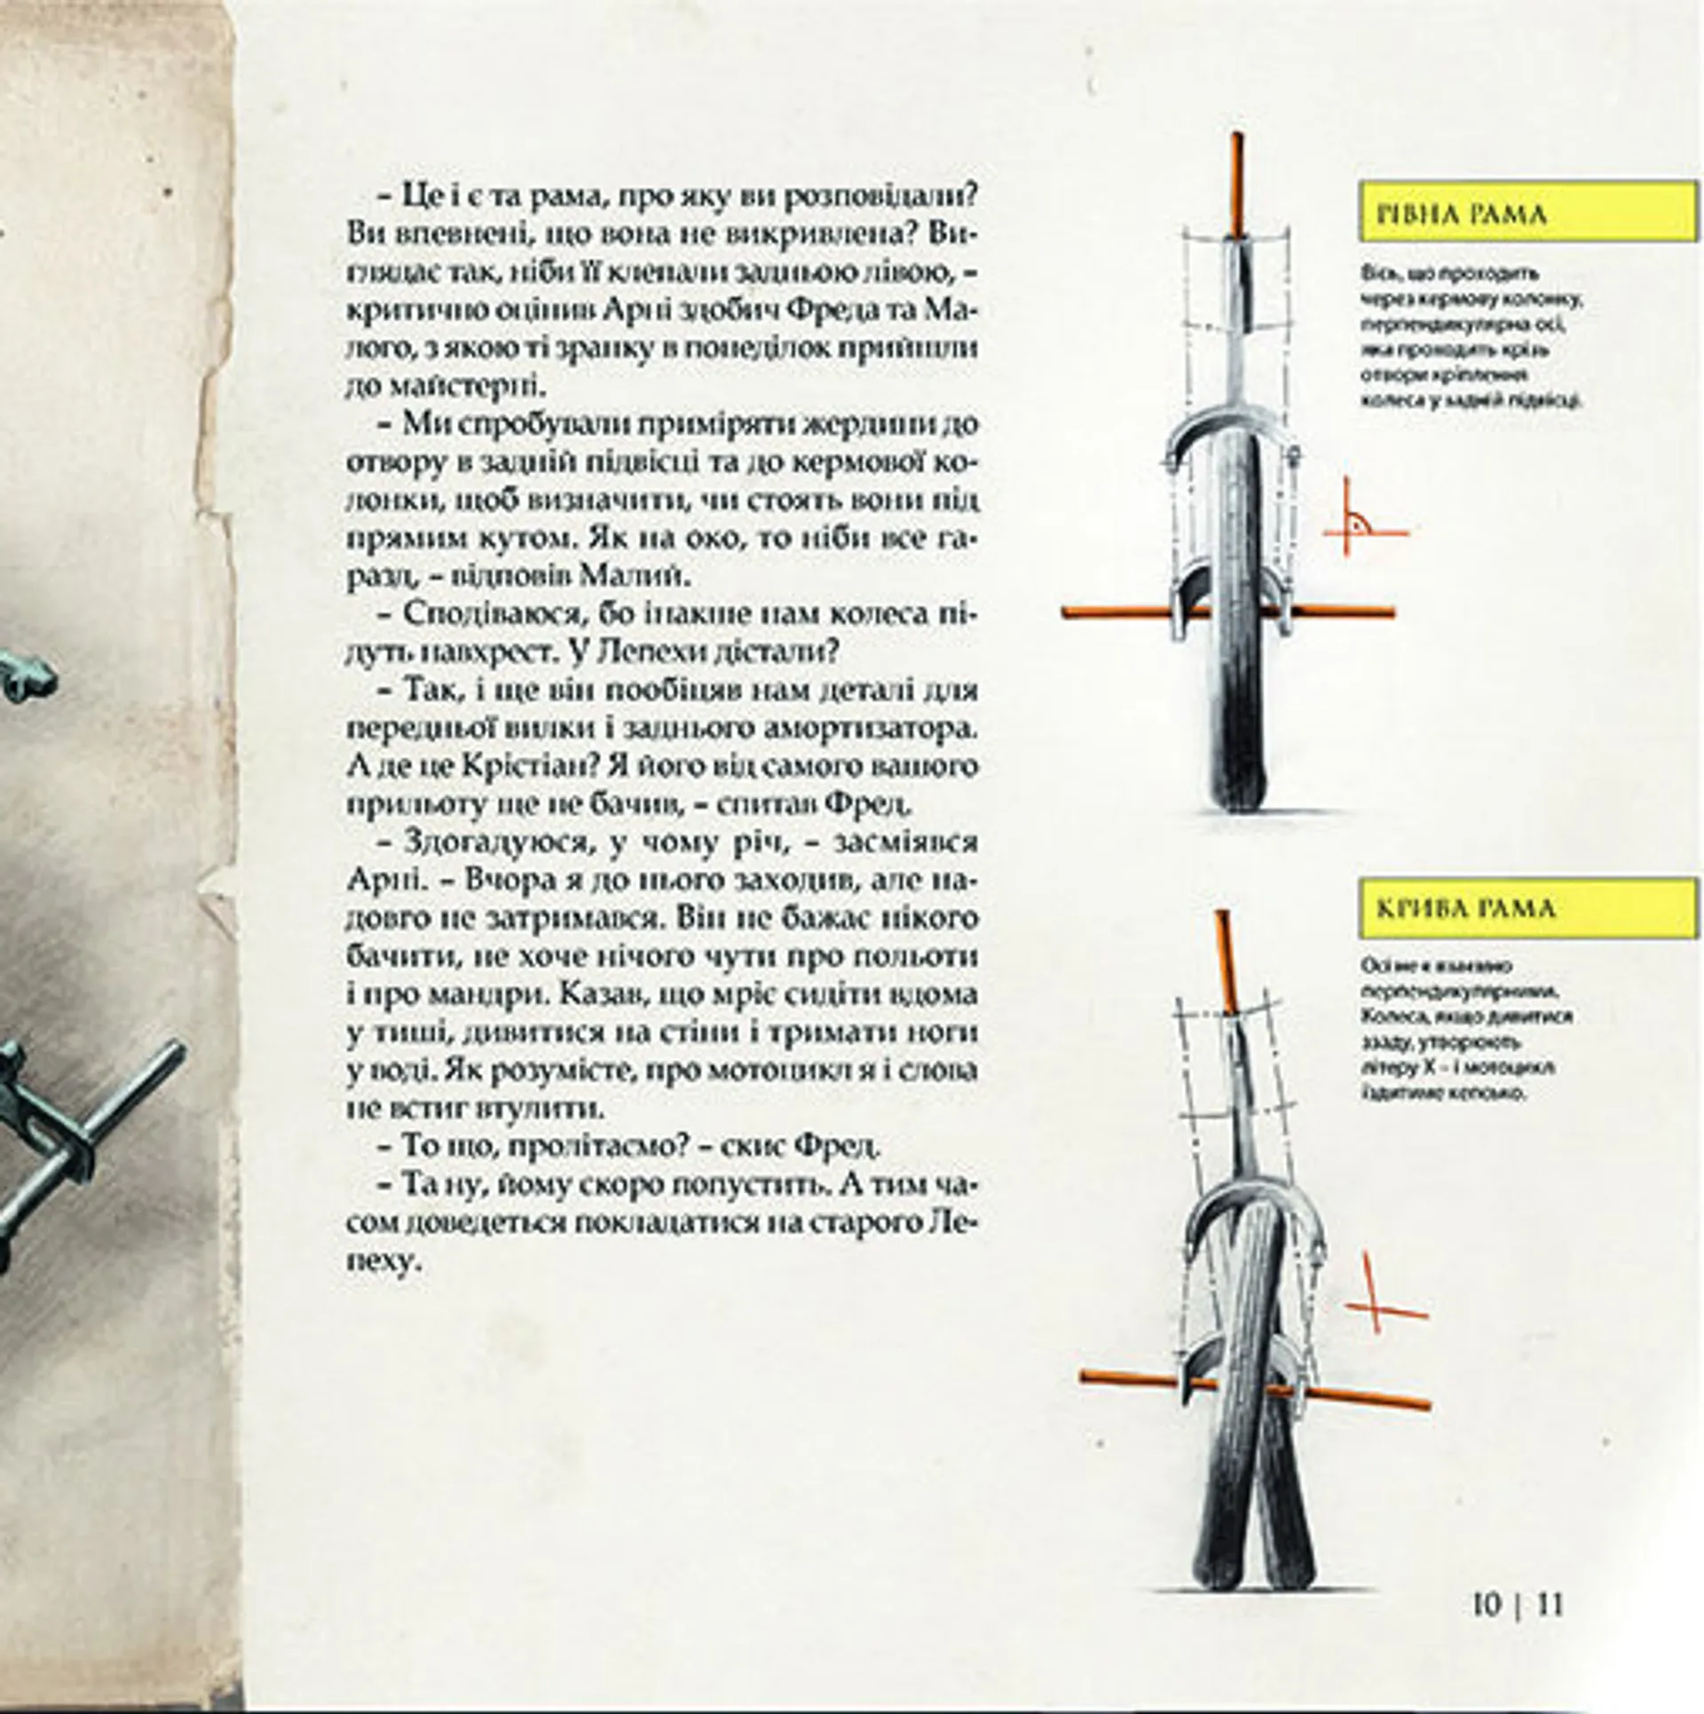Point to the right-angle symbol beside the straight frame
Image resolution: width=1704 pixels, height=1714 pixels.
[x=1358, y=524]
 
